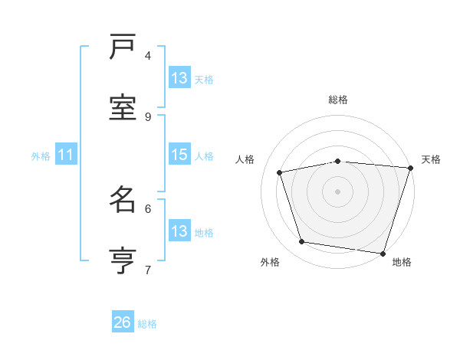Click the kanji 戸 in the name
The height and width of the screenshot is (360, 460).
click(123, 47)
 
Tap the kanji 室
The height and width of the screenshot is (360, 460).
click(123, 107)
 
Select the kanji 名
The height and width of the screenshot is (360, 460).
click(123, 201)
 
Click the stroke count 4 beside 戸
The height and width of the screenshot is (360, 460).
click(148, 55)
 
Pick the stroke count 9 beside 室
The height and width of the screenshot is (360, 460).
click(148, 116)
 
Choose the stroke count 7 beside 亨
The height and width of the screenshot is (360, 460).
click(148, 270)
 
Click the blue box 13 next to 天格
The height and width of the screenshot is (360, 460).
click(179, 78)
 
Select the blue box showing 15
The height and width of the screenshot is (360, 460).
click(179, 155)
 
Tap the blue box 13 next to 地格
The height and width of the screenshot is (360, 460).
click(179, 231)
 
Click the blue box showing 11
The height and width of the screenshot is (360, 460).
click(66, 155)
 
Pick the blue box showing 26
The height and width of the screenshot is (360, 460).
click(123, 322)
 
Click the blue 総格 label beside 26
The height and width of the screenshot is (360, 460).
click(147, 324)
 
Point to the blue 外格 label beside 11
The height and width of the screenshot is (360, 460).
click(41, 156)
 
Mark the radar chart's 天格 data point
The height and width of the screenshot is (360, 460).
click(409, 169)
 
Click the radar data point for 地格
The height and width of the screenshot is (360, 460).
click(383, 252)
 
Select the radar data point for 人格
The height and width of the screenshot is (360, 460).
click(280, 172)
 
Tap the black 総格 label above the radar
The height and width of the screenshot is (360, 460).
click(338, 100)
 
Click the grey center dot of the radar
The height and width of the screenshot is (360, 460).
click(338, 191)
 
